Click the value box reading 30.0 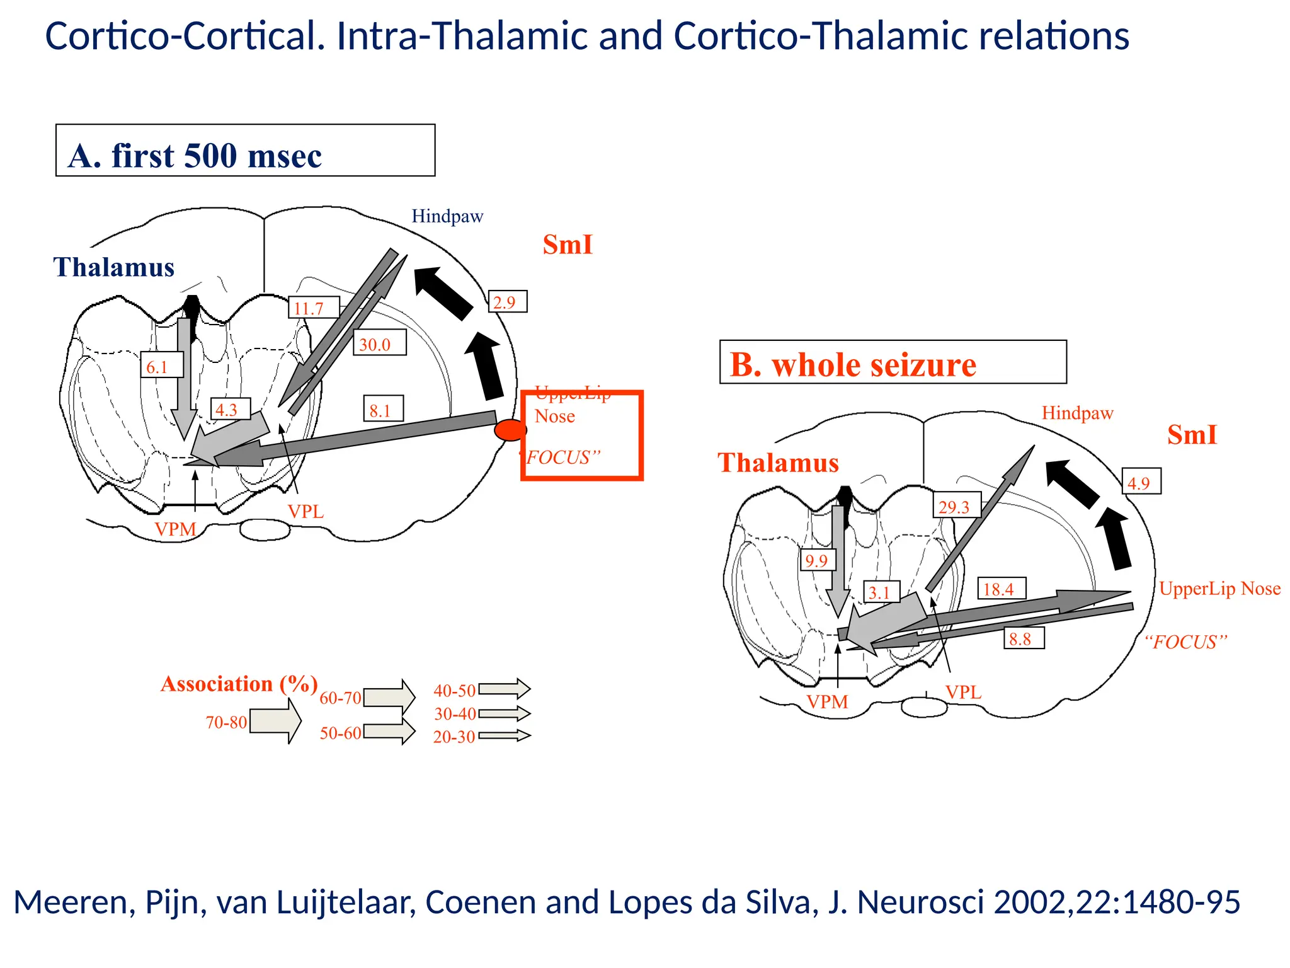(379, 343)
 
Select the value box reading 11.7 (313, 308)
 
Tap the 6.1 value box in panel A (161, 366)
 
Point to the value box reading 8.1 (382, 410)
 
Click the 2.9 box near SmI (507, 302)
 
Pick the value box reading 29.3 (956, 505)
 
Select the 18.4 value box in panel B (1001, 589)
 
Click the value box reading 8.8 (1023, 638)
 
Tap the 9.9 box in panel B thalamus (818, 560)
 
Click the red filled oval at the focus (510, 430)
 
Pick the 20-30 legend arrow (504, 735)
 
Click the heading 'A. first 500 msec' (195, 155)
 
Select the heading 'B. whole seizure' (853, 365)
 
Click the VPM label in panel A (175, 529)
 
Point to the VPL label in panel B (963, 692)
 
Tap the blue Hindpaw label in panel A (447, 216)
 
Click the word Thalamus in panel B (778, 463)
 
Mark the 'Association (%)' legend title (239, 684)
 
